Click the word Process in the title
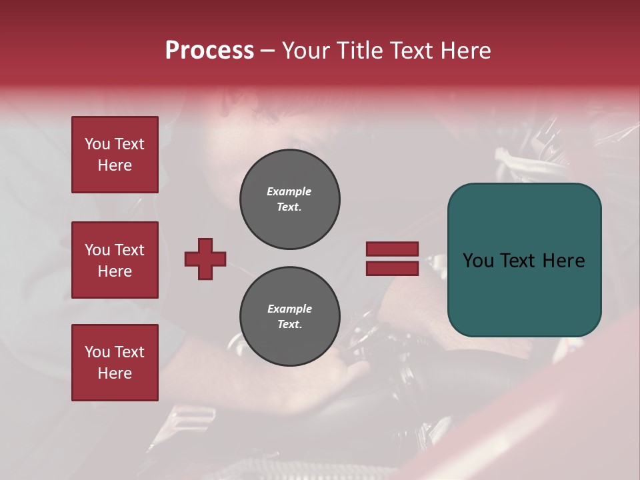pyautogui.click(x=209, y=51)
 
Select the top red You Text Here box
pyautogui.click(x=115, y=155)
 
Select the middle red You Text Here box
pyautogui.click(x=115, y=260)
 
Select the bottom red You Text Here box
pyautogui.click(x=115, y=363)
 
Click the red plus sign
pyautogui.click(x=205, y=259)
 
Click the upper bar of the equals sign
pyautogui.click(x=392, y=249)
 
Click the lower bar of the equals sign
pyautogui.click(x=392, y=269)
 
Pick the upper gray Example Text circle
pyautogui.click(x=290, y=199)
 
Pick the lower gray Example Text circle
pyautogui.click(x=290, y=316)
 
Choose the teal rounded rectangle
pyautogui.click(x=524, y=259)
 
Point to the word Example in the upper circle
pyautogui.click(x=289, y=191)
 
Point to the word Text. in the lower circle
pyautogui.click(x=289, y=325)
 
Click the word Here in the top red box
pyautogui.click(x=115, y=165)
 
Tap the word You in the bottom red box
pyautogui.click(x=97, y=352)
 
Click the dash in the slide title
pyautogui.click(x=267, y=51)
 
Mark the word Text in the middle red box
pyautogui.click(x=129, y=250)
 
